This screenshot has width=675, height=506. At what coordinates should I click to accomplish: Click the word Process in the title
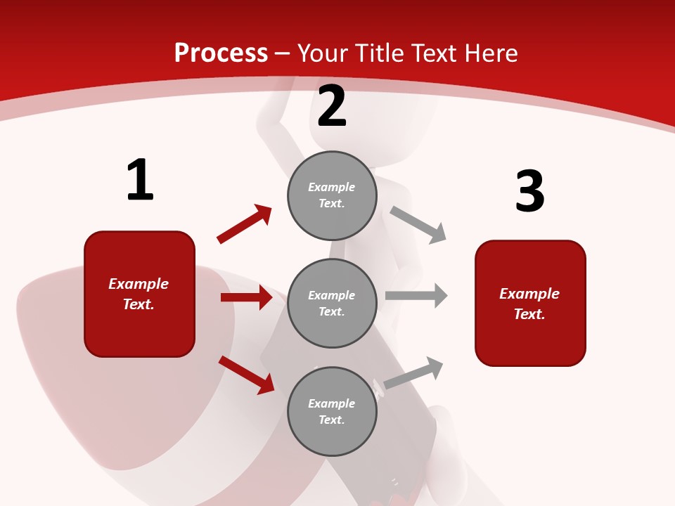pos(221,53)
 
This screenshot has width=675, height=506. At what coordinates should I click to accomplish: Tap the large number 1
pos(140,180)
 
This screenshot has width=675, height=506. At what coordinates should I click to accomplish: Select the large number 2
pos(332,107)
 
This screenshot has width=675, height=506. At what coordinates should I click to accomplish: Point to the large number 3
pos(530,191)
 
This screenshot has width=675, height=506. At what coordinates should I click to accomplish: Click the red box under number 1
pos(139,294)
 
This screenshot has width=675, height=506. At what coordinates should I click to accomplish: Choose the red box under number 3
pos(530,304)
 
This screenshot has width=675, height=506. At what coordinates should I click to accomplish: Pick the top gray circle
pos(332,195)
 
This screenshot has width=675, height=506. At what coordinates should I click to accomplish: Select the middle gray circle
pos(332,304)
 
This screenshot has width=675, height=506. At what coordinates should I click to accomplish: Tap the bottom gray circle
pos(332,412)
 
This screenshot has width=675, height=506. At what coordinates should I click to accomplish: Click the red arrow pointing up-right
pos(245,223)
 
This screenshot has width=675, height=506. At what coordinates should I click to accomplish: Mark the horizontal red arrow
pos(246,297)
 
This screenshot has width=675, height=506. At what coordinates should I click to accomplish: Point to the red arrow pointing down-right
pos(247,375)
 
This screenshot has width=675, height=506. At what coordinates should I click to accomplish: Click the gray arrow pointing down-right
pos(418,225)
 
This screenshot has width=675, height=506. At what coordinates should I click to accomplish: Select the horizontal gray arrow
pos(416,296)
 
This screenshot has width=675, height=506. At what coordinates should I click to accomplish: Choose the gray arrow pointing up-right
pos(414,373)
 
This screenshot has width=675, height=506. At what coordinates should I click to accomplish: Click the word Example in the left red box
pos(139,284)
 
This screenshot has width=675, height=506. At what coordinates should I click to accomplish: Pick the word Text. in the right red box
pos(529,314)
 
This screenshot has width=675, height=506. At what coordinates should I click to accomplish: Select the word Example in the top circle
pos(332,187)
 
